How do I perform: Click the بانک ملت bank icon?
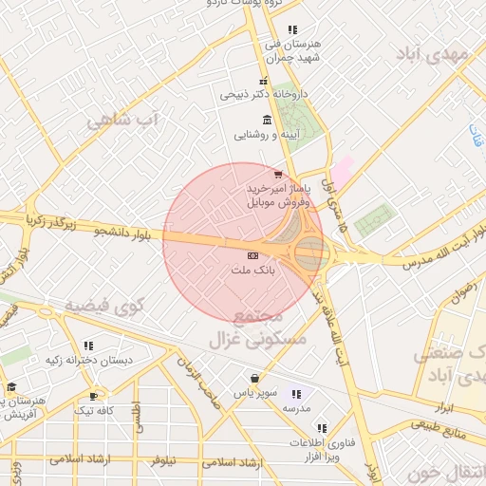(x=252, y=255)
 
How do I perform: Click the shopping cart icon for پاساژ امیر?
(x=277, y=174)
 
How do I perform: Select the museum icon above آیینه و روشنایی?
(x=266, y=120)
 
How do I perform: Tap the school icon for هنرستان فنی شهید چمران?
(x=292, y=29)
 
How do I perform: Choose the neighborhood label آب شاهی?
(x=124, y=120)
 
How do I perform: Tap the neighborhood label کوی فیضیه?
(x=104, y=306)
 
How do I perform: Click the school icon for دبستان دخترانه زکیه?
(x=88, y=346)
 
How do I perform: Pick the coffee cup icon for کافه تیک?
(x=93, y=396)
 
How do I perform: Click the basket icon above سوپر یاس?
(x=253, y=378)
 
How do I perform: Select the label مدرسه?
(x=296, y=407)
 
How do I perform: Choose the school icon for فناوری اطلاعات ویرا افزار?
(x=322, y=428)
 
